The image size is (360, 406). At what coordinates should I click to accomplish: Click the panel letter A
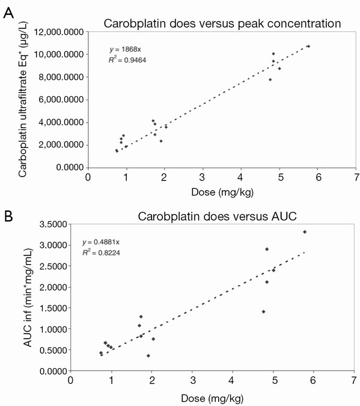click(x=8, y=13)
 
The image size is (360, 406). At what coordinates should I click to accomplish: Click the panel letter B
click(x=8, y=216)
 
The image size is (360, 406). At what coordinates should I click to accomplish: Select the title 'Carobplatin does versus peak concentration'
click(x=222, y=23)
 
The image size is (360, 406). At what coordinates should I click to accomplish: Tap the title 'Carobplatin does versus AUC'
click(x=217, y=216)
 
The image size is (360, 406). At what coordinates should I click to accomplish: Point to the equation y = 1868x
click(x=125, y=49)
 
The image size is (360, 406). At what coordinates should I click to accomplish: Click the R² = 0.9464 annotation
click(x=127, y=60)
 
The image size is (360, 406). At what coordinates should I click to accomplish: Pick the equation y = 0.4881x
click(x=101, y=242)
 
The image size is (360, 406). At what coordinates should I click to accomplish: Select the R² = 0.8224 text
click(x=101, y=253)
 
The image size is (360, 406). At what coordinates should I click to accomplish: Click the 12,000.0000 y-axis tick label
click(x=59, y=32)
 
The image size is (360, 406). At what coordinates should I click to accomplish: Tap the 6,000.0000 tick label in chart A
click(x=61, y=100)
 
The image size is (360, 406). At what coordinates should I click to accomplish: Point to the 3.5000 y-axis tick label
click(x=53, y=224)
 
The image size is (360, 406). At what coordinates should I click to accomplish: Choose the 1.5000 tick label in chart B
click(x=53, y=308)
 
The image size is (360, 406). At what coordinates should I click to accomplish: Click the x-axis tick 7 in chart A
click(x=356, y=177)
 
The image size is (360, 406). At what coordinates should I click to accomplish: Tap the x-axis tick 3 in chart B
click(x=192, y=380)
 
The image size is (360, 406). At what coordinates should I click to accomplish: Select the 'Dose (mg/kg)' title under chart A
click(x=222, y=192)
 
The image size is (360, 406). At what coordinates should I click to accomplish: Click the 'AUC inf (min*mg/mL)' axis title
click(x=28, y=298)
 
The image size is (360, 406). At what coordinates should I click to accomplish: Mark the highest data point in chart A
click(x=308, y=46)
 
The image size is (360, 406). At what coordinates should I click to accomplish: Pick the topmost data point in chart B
click(x=305, y=232)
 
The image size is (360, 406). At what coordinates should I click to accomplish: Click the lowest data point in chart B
click(x=148, y=355)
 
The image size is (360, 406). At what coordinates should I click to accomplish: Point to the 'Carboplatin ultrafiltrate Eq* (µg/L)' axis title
click(x=22, y=100)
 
